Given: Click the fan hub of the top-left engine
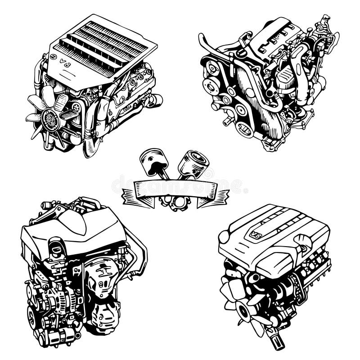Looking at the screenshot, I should click(50, 119).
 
